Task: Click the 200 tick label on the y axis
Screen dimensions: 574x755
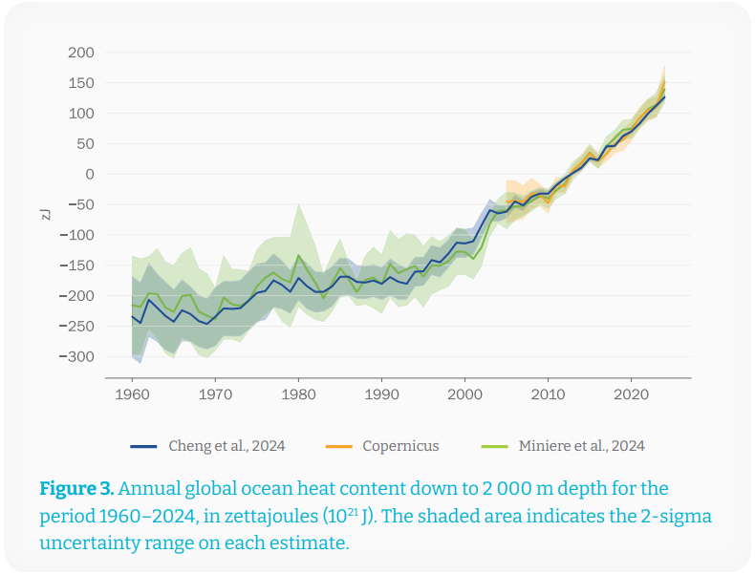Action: click(x=81, y=53)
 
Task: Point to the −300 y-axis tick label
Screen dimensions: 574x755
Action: click(x=76, y=356)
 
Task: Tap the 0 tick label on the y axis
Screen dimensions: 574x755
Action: click(x=89, y=174)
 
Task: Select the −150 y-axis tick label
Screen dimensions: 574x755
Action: click(x=76, y=266)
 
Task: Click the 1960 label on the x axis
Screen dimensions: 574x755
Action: click(x=132, y=393)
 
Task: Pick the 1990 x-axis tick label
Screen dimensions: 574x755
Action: click(x=381, y=393)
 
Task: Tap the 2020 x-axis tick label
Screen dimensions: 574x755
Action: click(x=631, y=393)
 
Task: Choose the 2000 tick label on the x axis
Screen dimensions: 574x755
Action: click(x=464, y=393)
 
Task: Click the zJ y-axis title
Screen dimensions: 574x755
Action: click(x=45, y=212)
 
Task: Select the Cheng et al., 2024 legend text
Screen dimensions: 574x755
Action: click(x=226, y=445)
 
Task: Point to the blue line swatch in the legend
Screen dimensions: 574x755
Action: click(x=142, y=446)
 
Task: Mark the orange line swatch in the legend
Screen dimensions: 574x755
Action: click(x=336, y=446)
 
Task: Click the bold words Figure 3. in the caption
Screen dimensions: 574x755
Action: click(x=76, y=489)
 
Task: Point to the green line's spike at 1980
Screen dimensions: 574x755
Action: click(x=298, y=255)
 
